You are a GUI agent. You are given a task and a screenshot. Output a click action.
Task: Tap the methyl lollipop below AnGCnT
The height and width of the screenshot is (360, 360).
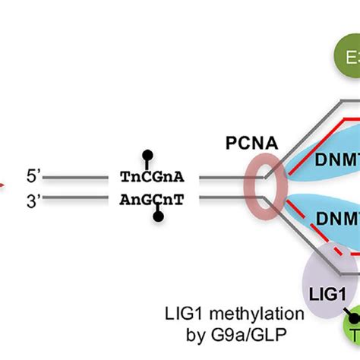point(158,217)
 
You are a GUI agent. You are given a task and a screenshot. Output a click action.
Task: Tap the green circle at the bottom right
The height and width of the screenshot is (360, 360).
point(351,338)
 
